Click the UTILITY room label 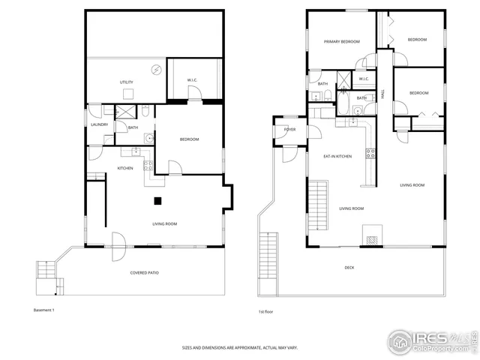click(x=126, y=82)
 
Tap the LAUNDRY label click(x=100, y=124)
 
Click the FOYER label click(x=289, y=130)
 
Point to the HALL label click(x=382, y=93)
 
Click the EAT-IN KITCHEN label click(x=337, y=156)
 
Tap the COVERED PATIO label click(x=144, y=272)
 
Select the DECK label click(x=349, y=268)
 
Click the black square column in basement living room click(x=158, y=200)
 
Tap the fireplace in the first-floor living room click(x=372, y=235)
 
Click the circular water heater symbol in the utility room click(x=156, y=70)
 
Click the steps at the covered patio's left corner click(x=46, y=274)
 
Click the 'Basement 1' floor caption click(x=44, y=310)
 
